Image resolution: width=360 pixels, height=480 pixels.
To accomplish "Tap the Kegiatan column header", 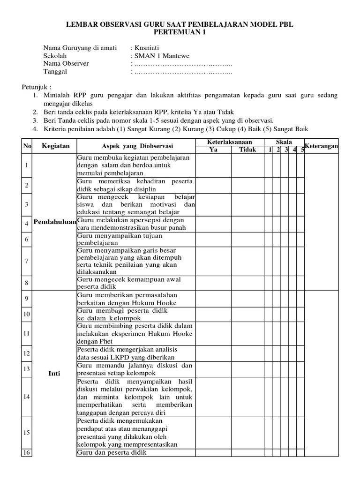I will coord(55,146).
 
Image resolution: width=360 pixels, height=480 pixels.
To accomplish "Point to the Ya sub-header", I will coord(213,150).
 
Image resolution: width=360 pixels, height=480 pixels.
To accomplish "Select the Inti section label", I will coord(54,373).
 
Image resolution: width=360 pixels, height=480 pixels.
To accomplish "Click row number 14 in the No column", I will coord(27,397).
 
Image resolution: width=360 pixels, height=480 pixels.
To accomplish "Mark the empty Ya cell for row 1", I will coord(213,165).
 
